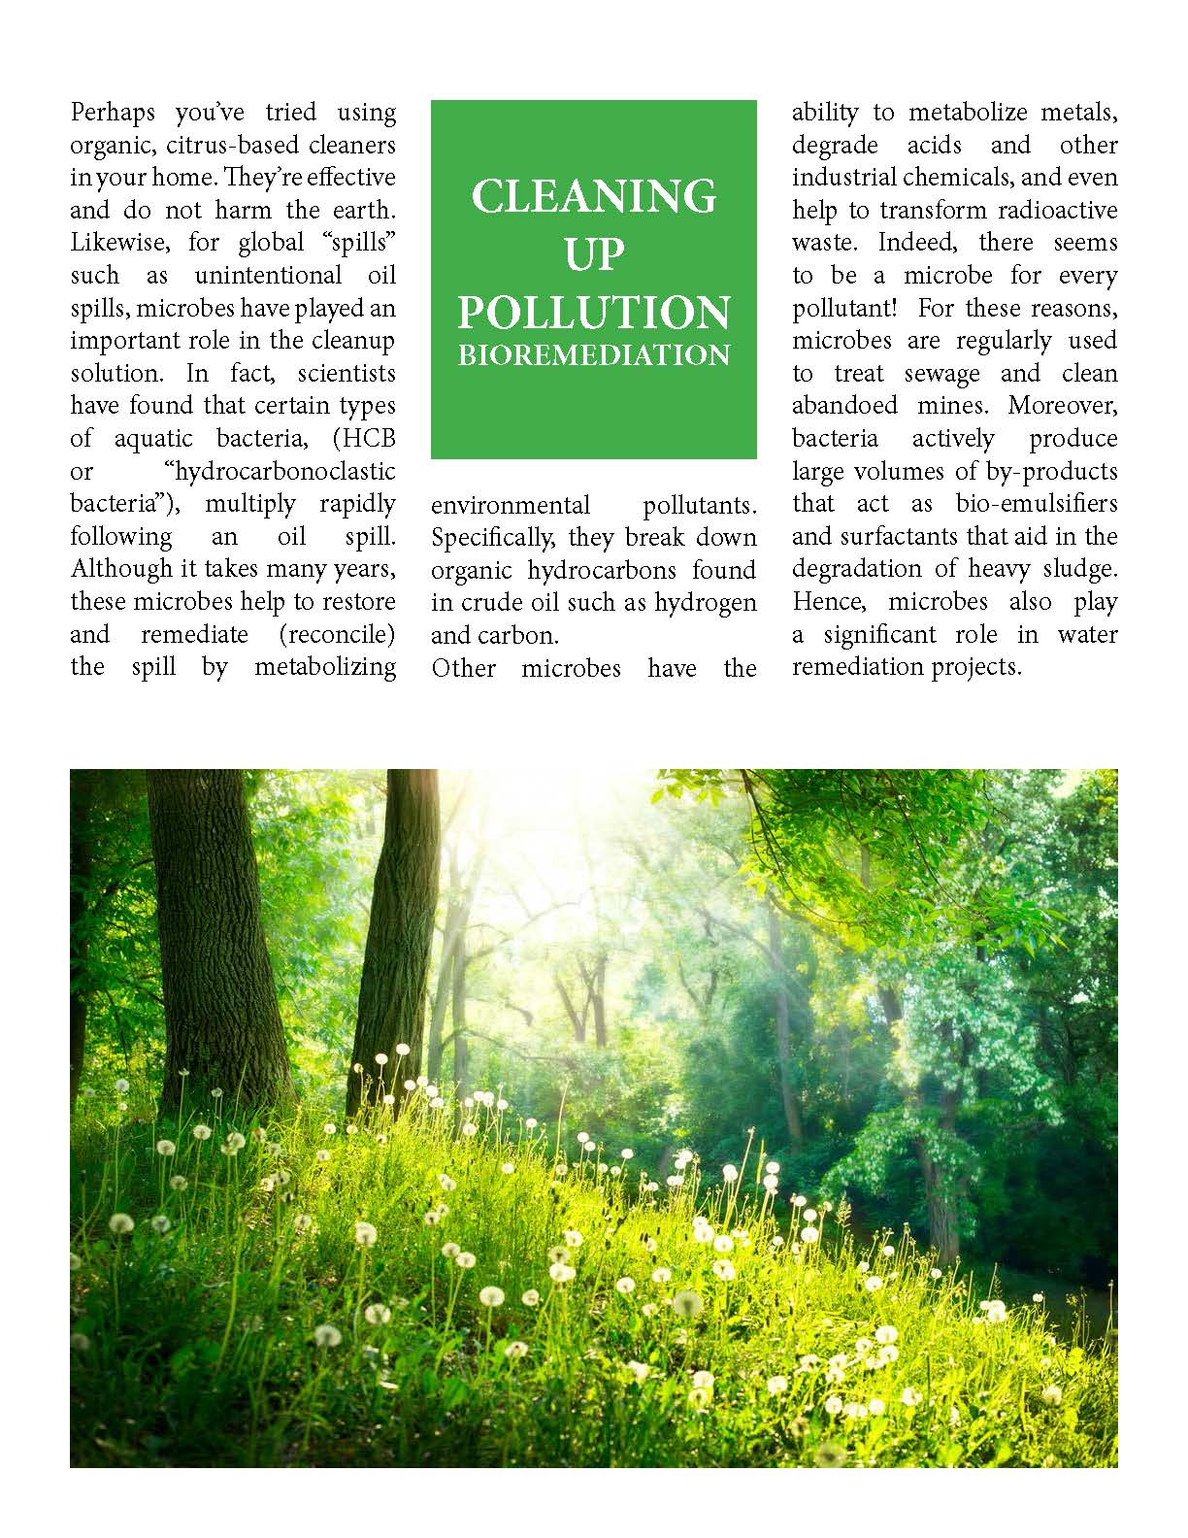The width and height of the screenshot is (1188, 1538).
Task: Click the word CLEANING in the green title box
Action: pos(593,195)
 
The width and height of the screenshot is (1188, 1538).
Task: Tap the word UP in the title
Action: pos(593,254)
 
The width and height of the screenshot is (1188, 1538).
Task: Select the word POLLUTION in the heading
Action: pos(593,313)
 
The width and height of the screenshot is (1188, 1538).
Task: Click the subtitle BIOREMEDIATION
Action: pos(593,354)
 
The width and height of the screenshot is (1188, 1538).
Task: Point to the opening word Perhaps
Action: pos(112,113)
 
